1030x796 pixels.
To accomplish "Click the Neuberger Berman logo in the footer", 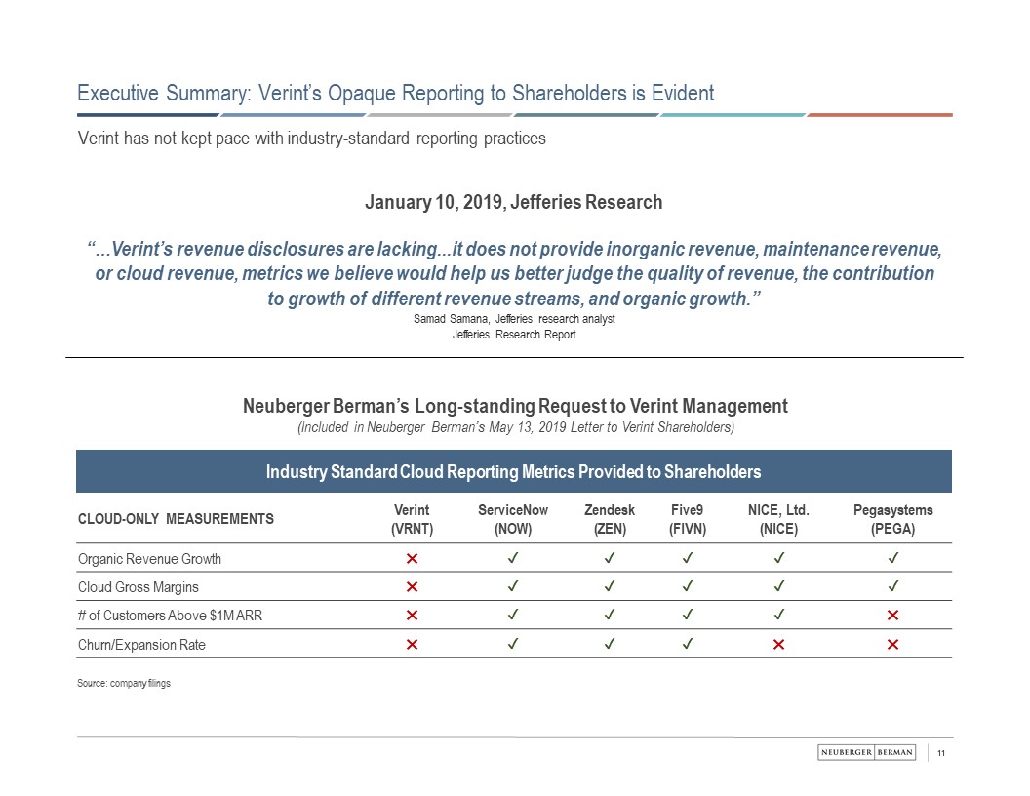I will [866, 752].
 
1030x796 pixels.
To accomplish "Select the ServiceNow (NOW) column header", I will [513, 520].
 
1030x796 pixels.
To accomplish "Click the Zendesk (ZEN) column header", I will [610, 520].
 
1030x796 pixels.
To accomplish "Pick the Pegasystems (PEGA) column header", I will [892, 520].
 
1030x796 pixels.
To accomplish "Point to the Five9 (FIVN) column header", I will [689, 520].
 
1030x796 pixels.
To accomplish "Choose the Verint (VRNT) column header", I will [412, 520].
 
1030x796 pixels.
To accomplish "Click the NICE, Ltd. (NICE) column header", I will [778, 520].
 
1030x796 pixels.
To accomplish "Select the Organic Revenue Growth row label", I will [149, 559].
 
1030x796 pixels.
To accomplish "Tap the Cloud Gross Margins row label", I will [138, 587].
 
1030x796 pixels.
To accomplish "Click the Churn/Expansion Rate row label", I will [141, 645].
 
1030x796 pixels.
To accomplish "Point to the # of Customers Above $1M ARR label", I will [156, 616].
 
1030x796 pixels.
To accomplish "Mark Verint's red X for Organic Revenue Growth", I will [412, 559].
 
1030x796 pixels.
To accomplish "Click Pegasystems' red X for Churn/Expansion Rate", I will [892, 645].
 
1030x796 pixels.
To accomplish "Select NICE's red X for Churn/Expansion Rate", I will [778, 645].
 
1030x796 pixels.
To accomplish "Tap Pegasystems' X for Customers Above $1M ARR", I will [892, 616].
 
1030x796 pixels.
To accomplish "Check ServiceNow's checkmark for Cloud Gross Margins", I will [513, 587].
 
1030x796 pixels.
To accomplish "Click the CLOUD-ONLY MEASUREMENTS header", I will [176, 519].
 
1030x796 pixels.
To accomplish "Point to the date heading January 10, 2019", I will [513, 203].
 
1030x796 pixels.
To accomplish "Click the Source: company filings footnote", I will [124, 684].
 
